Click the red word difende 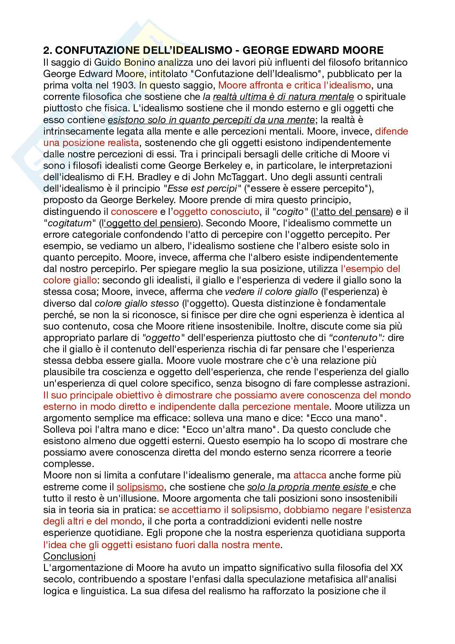coord(391,131)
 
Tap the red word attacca coord(310,475)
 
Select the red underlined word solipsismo coord(140,487)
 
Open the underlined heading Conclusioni coord(69,556)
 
